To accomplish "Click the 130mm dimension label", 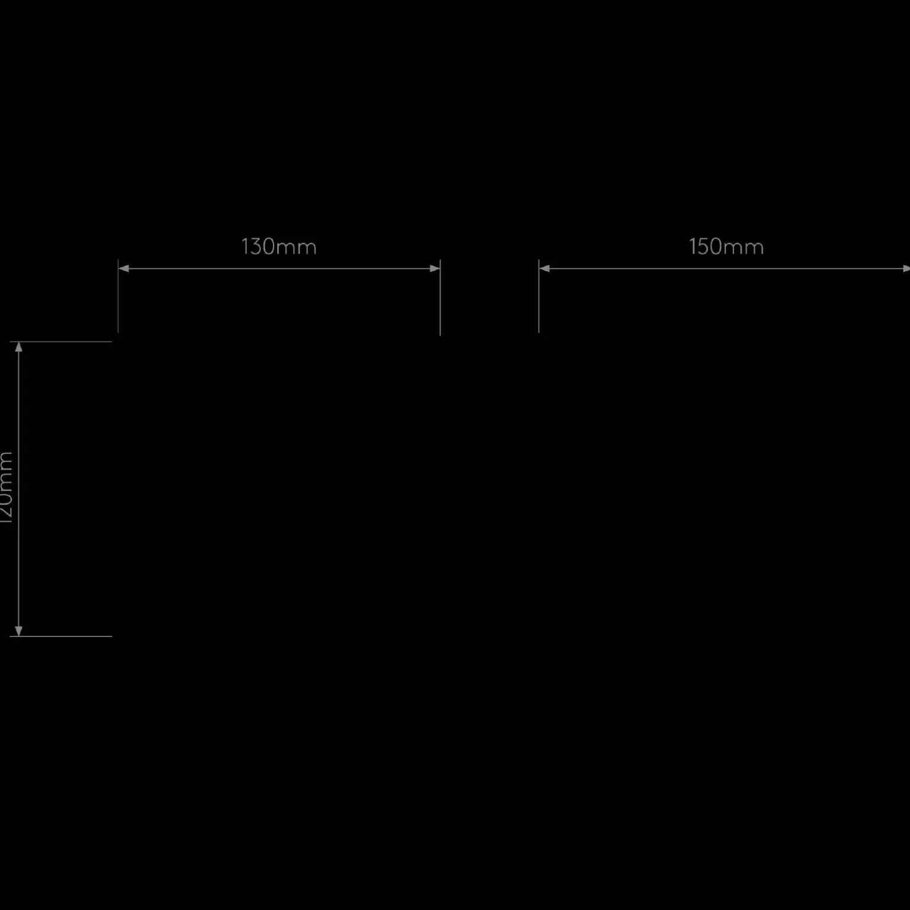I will coord(279,247).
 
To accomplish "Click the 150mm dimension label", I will coord(726,247).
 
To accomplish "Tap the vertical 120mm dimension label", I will coord(6,487).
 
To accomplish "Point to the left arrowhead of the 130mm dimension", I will coord(123,268).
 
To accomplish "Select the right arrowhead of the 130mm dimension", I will coord(435,268).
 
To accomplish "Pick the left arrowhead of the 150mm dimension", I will coord(544,268).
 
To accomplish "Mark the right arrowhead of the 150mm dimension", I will coord(906,268).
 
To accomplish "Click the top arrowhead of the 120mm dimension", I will coord(19,347).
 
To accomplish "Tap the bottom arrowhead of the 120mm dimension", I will coord(19,631).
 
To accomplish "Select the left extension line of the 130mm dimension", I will coord(118,301).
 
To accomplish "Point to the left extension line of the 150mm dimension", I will coord(539,301).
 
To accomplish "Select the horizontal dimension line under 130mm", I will coord(279,268).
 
